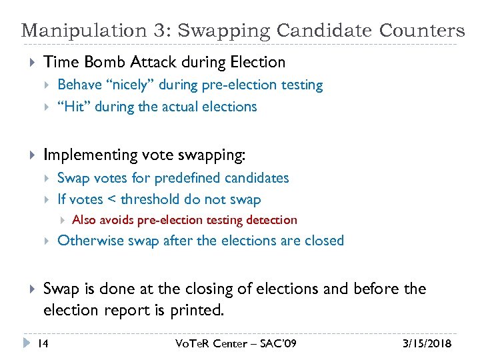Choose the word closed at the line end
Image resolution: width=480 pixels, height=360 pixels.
[x=324, y=241]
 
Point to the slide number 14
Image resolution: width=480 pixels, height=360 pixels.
[x=42, y=344]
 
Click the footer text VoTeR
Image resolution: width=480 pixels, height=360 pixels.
[x=193, y=344]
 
